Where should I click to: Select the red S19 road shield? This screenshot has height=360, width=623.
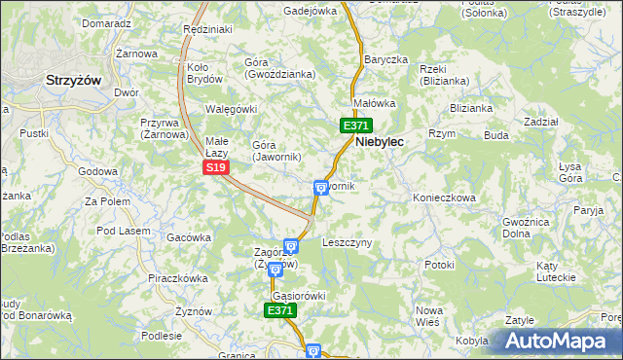pyautogui.click(x=216, y=167)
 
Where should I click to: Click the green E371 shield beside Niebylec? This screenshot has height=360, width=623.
pyautogui.click(x=355, y=126)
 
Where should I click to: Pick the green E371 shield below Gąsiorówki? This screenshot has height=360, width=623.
pyautogui.click(x=279, y=310)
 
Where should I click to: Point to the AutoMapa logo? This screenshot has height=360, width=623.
pyautogui.click(x=557, y=342)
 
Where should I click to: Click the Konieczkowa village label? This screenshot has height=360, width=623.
pyautogui.click(x=444, y=198)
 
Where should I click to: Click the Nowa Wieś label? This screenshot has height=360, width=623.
pyautogui.click(x=429, y=315)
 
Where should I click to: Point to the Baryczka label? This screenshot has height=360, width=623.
pyautogui.click(x=385, y=59)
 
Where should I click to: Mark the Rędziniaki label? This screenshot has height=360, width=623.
pyautogui.click(x=207, y=30)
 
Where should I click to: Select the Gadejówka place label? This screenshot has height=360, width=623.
pyautogui.click(x=310, y=11)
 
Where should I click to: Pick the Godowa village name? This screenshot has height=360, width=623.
pyautogui.click(x=97, y=171)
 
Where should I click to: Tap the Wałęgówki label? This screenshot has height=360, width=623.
pyautogui.click(x=230, y=109)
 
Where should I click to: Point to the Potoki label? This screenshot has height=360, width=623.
pyautogui.click(x=439, y=265)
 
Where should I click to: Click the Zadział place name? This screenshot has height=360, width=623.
pyautogui.click(x=540, y=122)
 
